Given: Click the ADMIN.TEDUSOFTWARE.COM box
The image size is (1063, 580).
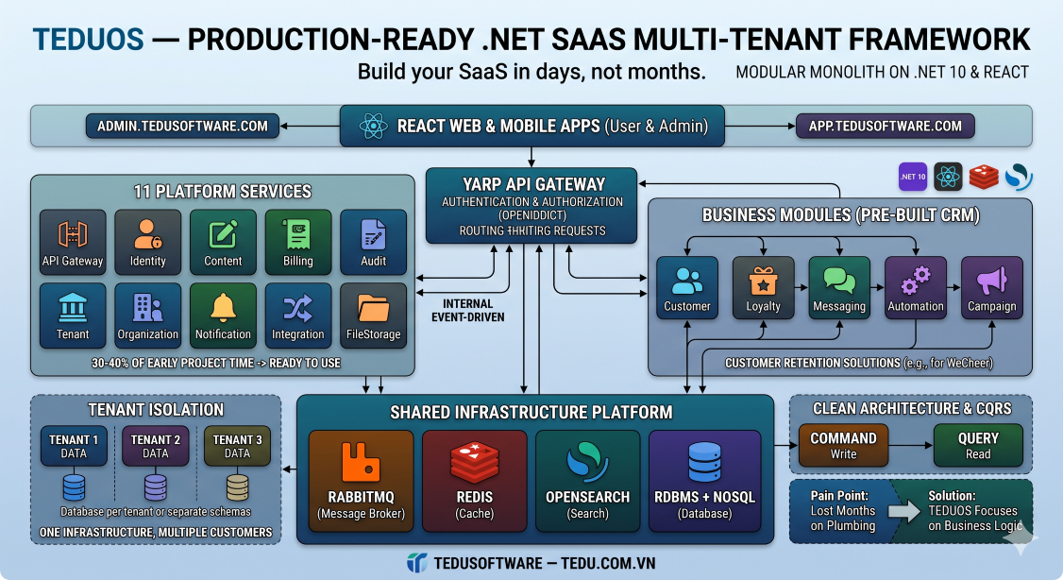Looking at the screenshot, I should click(x=183, y=127).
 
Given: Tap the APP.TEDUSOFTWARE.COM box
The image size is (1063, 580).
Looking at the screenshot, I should click(x=885, y=127).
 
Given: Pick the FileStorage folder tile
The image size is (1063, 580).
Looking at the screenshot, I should click(x=373, y=316).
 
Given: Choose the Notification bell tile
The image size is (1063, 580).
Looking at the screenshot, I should click(x=223, y=316).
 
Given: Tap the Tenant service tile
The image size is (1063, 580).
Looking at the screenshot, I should click(x=73, y=316).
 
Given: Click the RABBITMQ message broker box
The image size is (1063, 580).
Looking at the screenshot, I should click(x=361, y=479).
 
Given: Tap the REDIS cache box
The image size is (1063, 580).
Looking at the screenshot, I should click(x=474, y=479).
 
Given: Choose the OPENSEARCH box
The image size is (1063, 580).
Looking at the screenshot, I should click(x=587, y=479).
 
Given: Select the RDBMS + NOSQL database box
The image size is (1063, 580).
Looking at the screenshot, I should click(x=704, y=479).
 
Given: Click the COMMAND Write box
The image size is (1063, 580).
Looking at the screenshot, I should click(x=843, y=445).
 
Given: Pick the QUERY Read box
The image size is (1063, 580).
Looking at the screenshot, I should click(x=978, y=445).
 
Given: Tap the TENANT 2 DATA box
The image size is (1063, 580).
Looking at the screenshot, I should click(x=156, y=446).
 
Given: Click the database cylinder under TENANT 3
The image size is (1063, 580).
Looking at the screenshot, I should click(x=237, y=487).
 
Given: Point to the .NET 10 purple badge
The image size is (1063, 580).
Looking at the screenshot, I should click(x=912, y=177).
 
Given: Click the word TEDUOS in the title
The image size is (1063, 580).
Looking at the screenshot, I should click(x=89, y=40).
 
